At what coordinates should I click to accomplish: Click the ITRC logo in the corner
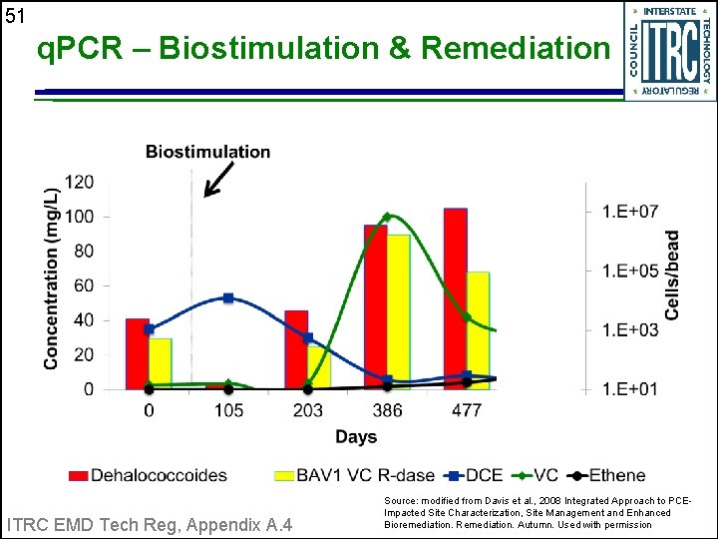[x=669, y=50]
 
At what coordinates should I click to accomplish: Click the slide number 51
[x=14, y=15]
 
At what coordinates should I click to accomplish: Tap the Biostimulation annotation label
[x=207, y=152]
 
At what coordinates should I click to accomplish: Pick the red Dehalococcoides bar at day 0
[x=138, y=353]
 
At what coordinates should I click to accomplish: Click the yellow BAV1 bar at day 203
[x=319, y=367]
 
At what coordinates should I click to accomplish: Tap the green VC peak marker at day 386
[x=387, y=217]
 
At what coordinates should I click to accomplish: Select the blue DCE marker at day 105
[x=228, y=297]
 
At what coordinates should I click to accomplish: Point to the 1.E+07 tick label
[x=629, y=211]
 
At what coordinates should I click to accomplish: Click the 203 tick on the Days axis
[x=307, y=410]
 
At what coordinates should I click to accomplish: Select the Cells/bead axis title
[x=673, y=275]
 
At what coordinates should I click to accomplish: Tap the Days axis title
[x=356, y=437]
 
